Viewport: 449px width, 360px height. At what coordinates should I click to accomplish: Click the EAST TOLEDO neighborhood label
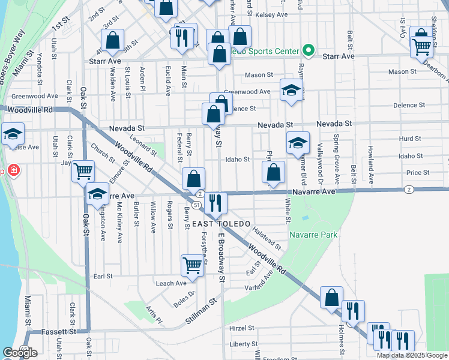click(220, 223)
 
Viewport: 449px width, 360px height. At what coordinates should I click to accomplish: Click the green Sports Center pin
click(309, 50)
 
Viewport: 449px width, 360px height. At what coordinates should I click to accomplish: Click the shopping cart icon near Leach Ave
click(192, 265)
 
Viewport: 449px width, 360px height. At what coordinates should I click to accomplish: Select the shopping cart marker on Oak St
click(83, 172)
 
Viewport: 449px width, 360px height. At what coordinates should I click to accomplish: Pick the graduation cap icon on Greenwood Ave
click(291, 91)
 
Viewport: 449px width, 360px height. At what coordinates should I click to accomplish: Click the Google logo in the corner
click(20, 353)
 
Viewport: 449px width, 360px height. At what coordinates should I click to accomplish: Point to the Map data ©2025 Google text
click(412, 355)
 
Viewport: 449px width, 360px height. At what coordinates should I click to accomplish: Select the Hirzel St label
click(243, 328)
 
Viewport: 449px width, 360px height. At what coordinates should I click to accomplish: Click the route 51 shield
click(196, 205)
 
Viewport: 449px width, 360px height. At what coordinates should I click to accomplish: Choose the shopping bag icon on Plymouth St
click(273, 172)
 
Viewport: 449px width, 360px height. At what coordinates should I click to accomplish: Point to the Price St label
click(417, 172)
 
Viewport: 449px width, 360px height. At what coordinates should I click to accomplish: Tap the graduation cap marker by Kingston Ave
click(97, 194)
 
